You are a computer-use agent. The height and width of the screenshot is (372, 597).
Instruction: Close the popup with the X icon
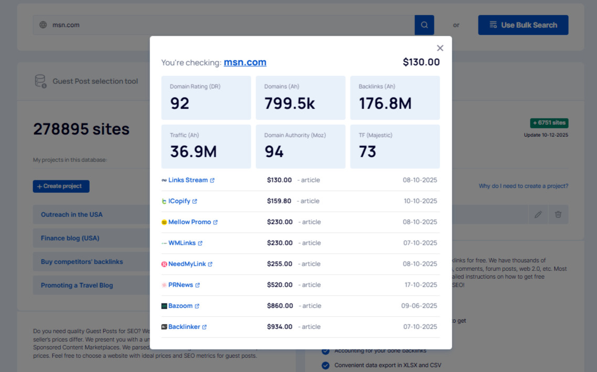click(x=440, y=48)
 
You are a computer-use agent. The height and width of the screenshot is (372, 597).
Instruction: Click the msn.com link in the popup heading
click(x=245, y=62)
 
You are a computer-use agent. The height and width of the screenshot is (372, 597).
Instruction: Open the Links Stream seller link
click(x=188, y=180)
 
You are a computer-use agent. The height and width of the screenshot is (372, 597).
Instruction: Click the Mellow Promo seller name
click(x=189, y=222)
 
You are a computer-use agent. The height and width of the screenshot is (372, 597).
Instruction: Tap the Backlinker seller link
click(x=184, y=327)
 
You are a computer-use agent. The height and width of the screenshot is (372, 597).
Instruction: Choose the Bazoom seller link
click(x=180, y=306)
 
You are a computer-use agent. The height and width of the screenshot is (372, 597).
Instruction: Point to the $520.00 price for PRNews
click(x=280, y=285)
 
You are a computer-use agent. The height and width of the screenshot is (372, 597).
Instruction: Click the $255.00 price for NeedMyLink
click(x=280, y=264)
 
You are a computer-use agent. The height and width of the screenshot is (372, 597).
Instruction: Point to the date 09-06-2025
click(x=419, y=306)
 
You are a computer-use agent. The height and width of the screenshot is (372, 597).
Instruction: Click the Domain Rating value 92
click(x=179, y=104)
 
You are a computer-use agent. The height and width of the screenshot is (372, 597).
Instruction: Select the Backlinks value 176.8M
click(x=385, y=104)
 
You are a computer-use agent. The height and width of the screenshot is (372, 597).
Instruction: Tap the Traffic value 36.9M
click(x=193, y=152)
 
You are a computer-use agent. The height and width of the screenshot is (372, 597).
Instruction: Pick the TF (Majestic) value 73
click(x=368, y=152)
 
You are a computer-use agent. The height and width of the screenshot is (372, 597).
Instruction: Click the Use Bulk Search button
click(x=523, y=25)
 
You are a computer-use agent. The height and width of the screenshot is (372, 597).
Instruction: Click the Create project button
click(x=61, y=186)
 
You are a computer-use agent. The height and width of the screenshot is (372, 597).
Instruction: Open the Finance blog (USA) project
click(x=70, y=238)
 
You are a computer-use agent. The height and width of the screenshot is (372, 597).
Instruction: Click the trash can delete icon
click(x=558, y=215)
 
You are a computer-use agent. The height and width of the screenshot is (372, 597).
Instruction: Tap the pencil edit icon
click(x=538, y=215)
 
